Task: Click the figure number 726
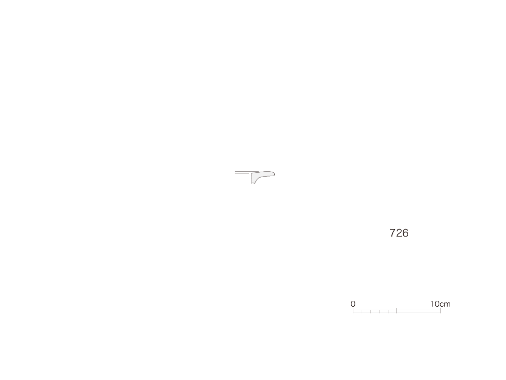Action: click(399, 233)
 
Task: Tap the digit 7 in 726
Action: click(392, 233)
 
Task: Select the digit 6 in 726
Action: click(405, 233)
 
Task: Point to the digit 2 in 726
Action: click(399, 233)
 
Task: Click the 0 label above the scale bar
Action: click(353, 304)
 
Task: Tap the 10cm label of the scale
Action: click(440, 304)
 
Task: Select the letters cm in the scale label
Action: click(445, 304)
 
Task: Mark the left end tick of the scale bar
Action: click(353, 311)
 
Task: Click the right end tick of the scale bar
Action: click(440, 311)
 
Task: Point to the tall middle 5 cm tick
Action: click(397, 311)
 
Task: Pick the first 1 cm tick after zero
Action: click(362, 312)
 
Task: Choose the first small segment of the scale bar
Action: click(357, 312)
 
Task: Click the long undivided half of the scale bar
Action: click(419, 312)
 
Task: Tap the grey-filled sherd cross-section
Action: click(261, 176)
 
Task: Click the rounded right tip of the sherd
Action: click(274, 175)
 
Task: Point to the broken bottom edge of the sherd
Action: click(253, 183)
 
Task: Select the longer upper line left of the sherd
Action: click(247, 172)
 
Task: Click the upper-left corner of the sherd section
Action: click(252, 174)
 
